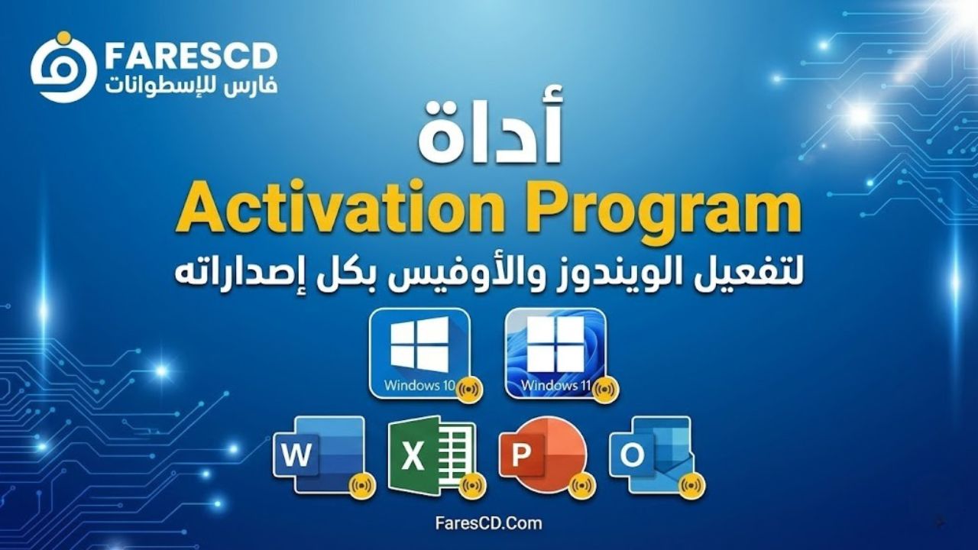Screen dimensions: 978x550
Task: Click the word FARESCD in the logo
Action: click(191, 56)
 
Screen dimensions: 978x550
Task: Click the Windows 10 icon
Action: click(419, 353)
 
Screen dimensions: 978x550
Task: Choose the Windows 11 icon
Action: click(555, 353)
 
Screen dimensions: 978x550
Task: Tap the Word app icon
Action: click(319, 455)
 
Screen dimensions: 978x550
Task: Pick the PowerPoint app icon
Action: click(542, 455)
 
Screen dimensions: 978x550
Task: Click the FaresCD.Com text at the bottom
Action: click(488, 523)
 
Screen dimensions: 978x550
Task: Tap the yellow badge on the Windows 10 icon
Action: click(469, 389)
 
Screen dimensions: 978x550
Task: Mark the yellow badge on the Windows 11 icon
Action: click(606, 389)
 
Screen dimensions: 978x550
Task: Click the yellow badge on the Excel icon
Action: click(474, 484)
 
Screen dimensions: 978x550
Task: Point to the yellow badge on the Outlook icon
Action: click(692, 484)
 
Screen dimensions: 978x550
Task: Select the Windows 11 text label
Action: click(555, 386)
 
